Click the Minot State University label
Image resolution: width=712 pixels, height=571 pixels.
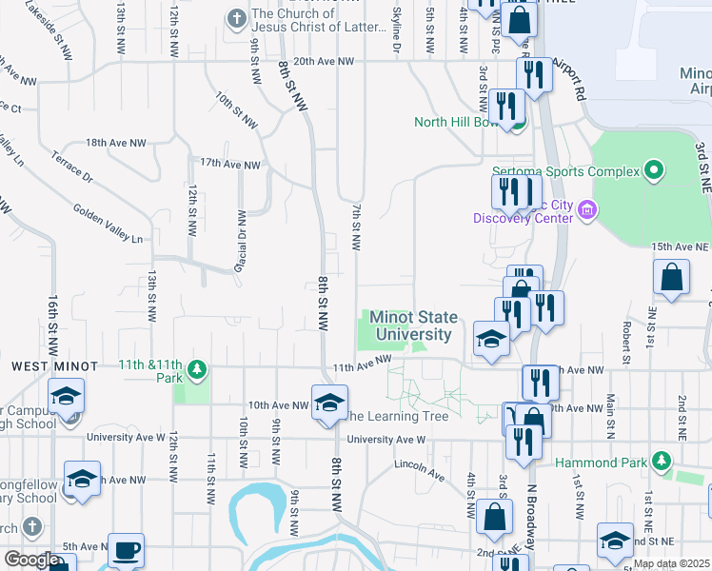click(413, 325)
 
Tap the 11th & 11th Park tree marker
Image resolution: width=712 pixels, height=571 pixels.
click(197, 368)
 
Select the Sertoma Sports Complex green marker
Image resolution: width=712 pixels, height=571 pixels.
click(653, 171)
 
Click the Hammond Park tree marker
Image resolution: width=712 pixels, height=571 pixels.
click(663, 463)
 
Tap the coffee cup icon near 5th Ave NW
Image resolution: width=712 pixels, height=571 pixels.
click(126, 550)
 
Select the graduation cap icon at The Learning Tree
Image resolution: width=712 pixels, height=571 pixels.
click(329, 402)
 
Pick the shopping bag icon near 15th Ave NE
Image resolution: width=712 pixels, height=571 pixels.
click(671, 278)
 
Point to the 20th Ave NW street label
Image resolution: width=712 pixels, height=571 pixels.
click(324, 62)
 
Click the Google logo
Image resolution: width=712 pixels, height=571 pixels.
click(31, 560)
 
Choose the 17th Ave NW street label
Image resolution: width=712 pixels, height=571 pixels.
click(227, 165)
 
